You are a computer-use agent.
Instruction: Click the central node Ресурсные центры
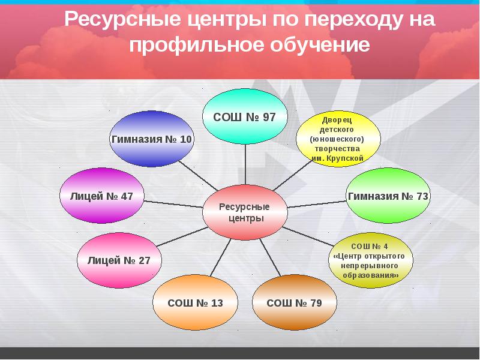point(245,212)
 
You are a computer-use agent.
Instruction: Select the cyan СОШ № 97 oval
point(245,116)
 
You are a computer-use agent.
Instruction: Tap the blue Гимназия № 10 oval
point(151,139)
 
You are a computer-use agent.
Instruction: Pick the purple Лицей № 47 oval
point(102,196)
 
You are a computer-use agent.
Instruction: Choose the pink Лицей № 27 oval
point(119,260)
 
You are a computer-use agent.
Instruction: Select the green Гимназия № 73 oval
point(388,196)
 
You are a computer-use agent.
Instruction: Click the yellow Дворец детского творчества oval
point(338,139)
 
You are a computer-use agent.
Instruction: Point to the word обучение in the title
point(316,46)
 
